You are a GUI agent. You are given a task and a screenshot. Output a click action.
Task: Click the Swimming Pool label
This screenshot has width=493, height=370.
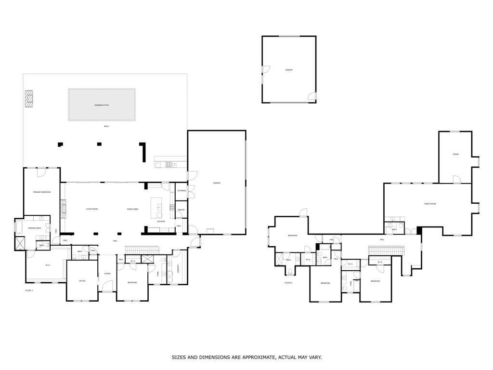(x=102, y=105)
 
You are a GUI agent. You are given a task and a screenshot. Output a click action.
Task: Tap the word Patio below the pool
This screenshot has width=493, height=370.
(x=106, y=126)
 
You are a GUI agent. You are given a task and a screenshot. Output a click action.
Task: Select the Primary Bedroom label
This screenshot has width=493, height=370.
(x=41, y=192)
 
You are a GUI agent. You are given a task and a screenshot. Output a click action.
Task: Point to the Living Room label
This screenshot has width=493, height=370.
(x=91, y=209)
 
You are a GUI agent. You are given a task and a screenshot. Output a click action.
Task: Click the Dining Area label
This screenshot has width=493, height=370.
(x=133, y=209)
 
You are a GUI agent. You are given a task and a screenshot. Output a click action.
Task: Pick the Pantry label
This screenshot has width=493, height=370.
(x=181, y=210)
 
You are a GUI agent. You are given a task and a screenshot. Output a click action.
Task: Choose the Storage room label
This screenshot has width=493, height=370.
(x=182, y=190)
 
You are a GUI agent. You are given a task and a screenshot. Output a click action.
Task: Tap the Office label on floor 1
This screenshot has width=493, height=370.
(x=82, y=280)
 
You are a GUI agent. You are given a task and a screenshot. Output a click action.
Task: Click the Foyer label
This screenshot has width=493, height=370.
(x=107, y=273)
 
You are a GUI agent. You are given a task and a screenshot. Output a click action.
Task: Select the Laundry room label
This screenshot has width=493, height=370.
(x=178, y=270)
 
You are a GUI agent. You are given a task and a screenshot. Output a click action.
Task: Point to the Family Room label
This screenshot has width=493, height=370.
(x=430, y=204)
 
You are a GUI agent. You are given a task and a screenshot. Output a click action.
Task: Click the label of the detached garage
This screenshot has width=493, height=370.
(x=289, y=70)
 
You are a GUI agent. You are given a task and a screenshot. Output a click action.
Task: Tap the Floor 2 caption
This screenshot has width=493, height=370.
(x=288, y=282)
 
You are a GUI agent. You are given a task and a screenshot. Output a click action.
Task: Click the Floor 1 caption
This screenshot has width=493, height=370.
(x=29, y=290)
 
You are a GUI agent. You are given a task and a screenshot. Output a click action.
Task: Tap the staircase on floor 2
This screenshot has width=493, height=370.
(x=386, y=251)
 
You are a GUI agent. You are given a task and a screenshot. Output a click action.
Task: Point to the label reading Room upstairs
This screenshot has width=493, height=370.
(x=455, y=154)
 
